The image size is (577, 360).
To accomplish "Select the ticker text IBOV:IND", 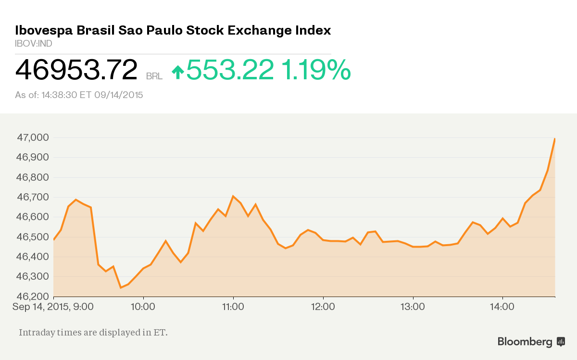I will click(x=34, y=44).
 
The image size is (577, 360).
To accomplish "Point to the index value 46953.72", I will click(x=76, y=70).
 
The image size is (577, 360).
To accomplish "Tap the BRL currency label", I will click(x=154, y=76).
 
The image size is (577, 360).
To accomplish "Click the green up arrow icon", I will click(x=178, y=72).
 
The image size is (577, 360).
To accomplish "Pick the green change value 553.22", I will click(x=230, y=70).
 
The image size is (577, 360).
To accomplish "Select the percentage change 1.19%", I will click(x=316, y=70).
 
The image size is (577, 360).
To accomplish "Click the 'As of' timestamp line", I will click(x=79, y=95).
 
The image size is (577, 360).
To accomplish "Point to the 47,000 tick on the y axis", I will click(x=32, y=137).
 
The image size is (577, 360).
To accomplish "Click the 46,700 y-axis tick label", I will click(x=32, y=197).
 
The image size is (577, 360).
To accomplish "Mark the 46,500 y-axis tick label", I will click(x=32, y=237).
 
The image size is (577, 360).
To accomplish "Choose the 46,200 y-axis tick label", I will click(x=32, y=297).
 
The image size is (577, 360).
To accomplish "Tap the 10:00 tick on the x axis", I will click(x=143, y=306).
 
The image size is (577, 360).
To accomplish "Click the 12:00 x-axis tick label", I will click(x=323, y=306).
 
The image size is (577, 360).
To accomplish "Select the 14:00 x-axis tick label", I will click(x=502, y=306).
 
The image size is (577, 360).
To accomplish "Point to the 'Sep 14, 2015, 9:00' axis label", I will click(x=53, y=306).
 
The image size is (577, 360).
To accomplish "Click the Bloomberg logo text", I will click(x=525, y=342).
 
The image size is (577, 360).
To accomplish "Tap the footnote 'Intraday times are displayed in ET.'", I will click(x=93, y=332).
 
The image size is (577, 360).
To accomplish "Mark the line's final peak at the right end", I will click(x=555, y=139).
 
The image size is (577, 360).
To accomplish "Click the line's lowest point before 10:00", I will click(x=121, y=287).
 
